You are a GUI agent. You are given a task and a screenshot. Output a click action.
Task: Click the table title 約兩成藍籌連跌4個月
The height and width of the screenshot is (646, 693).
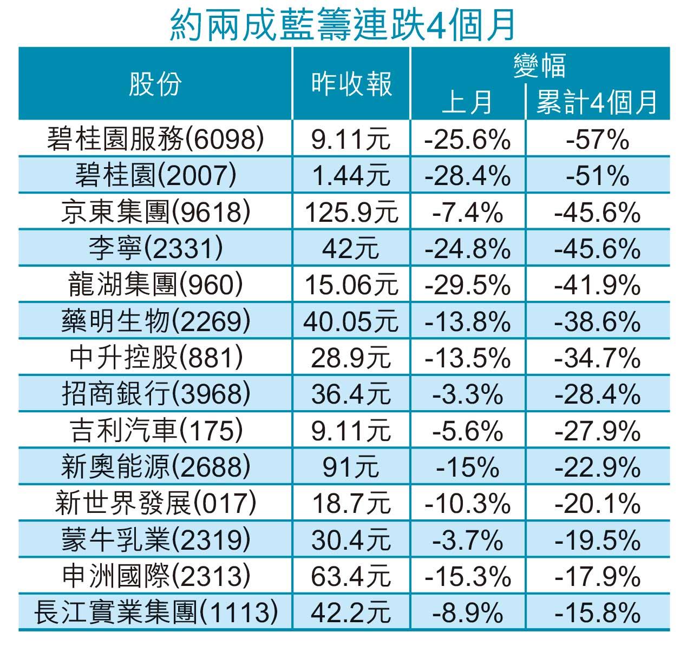click(342, 24)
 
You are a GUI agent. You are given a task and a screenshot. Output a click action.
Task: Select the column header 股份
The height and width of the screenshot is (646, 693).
click(155, 84)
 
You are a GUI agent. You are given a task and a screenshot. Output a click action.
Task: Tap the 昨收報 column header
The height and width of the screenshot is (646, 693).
click(351, 84)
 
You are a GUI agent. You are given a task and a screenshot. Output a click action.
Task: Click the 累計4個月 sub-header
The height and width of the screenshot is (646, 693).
click(597, 102)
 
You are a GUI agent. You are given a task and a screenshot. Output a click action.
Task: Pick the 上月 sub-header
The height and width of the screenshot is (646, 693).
click(467, 102)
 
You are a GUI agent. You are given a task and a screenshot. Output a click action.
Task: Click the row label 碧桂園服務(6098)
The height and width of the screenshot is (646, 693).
click(156, 139)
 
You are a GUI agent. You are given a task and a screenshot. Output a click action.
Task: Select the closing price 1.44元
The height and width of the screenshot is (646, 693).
click(351, 175)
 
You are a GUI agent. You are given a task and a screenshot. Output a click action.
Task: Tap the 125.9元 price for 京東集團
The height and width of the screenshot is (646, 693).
click(351, 212)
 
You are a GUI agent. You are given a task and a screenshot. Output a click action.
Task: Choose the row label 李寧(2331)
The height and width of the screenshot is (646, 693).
click(156, 248)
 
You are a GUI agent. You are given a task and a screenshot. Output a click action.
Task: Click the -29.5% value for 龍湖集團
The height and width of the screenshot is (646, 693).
click(468, 285)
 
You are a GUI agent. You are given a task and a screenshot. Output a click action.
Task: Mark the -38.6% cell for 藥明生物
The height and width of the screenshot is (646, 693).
click(597, 321)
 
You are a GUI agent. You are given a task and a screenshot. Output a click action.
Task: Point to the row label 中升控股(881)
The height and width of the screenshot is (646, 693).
click(156, 358)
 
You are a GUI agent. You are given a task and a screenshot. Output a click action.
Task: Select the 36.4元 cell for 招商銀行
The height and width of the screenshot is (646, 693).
click(351, 394)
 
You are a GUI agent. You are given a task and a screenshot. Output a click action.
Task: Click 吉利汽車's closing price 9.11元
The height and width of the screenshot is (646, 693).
click(351, 431)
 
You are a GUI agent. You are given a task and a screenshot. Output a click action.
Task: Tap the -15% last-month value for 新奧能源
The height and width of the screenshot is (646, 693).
click(468, 467)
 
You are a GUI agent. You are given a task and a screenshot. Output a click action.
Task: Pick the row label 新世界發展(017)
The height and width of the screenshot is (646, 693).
click(156, 504)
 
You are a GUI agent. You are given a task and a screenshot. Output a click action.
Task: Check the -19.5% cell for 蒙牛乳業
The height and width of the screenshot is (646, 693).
click(597, 540)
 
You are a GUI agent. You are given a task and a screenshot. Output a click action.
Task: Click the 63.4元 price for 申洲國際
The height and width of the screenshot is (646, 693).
click(351, 576)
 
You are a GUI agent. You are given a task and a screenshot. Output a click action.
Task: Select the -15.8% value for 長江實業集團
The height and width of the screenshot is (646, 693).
click(597, 613)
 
